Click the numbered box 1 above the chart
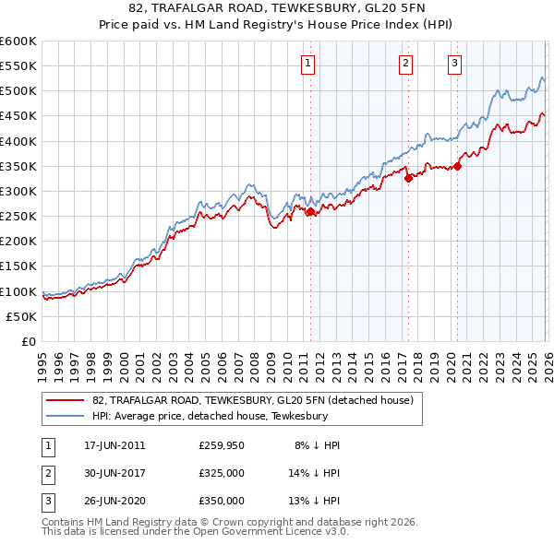(307, 64)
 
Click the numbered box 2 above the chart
(405, 64)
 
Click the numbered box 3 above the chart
(455, 64)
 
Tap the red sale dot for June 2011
(310, 212)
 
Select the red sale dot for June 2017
(408, 179)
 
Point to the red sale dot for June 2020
(457, 167)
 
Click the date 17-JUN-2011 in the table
(114, 445)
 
